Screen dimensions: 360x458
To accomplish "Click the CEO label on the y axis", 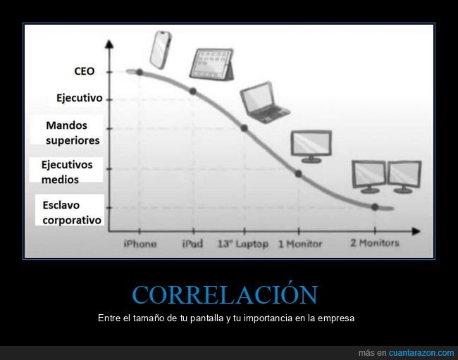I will [84, 71].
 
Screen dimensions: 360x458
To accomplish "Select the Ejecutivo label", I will [80, 98].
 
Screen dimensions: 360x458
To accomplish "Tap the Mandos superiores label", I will [73, 132].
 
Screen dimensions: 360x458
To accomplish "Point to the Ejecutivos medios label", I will [67, 172].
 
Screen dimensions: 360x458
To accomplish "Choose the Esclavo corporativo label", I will [71, 212].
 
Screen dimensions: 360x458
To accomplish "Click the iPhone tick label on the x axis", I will [140, 244].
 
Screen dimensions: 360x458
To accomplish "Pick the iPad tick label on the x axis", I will [192, 244].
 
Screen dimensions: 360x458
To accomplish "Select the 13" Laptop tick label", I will [243, 244].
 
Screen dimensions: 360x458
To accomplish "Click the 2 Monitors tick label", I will [374, 243].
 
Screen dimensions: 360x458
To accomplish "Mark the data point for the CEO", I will [140, 72].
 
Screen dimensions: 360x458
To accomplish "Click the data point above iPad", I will [192, 92].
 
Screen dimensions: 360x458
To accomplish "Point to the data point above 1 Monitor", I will [298, 173].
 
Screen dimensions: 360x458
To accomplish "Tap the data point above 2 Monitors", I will [375, 207].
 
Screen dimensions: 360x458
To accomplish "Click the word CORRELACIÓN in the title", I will [225, 294].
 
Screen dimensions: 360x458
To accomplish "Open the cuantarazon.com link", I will [421, 352].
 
